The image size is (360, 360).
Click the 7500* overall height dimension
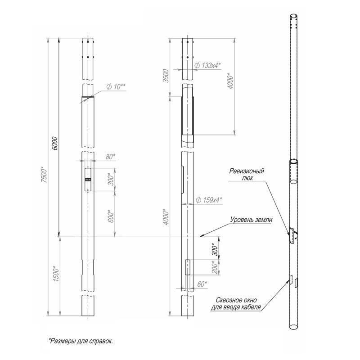click(x=44, y=175)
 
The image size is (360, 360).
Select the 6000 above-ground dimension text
click(x=54, y=144)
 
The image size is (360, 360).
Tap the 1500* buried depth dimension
click(x=56, y=274)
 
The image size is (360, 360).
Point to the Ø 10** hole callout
click(x=116, y=87)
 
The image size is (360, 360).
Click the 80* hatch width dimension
click(x=110, y=157)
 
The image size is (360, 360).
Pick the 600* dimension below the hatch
click(x=111, y=216)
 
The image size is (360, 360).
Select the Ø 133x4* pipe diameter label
click(x=207, y=65)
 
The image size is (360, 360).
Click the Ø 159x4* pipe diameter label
click(x=209, y=200)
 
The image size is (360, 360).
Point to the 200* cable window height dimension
click(x=215, y=267)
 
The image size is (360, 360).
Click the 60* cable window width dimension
click(x=202, y=284)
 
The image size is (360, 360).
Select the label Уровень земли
click(x=252, y=220)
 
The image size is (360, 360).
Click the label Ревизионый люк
click(x=247, y=174)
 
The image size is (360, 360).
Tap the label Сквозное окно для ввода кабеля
click(x=236, y=303)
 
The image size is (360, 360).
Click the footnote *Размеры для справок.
click(x=81, y=341)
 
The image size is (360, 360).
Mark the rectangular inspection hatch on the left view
click(x=88, y=180)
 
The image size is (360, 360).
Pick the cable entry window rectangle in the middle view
click(x=188, y=267)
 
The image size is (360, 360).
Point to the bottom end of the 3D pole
click(x=294, y=327)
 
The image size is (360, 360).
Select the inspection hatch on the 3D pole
click(x=292, y=235)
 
